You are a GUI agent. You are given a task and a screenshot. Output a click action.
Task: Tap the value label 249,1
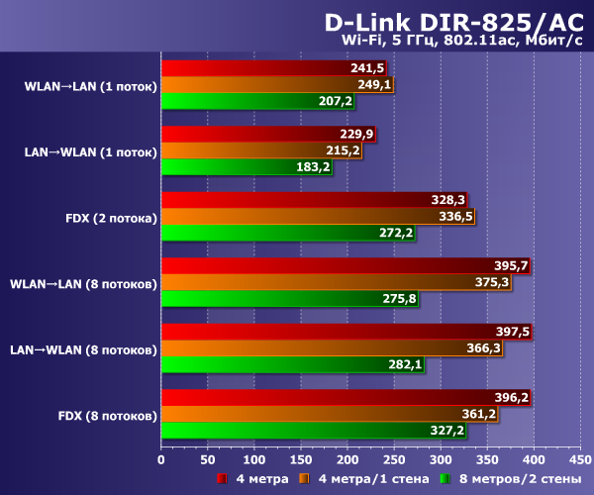(374, 85)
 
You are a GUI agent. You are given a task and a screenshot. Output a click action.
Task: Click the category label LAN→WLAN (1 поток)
(90, 151)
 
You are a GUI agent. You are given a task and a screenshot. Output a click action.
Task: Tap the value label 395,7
(510, 266)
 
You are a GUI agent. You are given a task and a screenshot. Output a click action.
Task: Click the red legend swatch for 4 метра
(224, 479)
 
